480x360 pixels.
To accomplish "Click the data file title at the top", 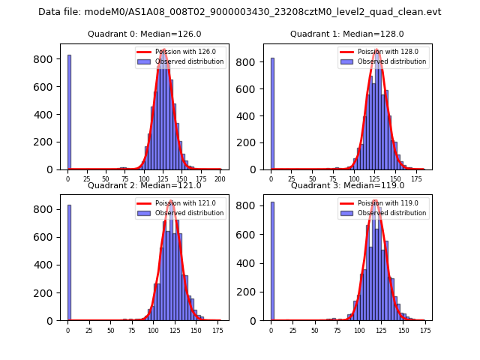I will pyautogui.click(x=240, y=12).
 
